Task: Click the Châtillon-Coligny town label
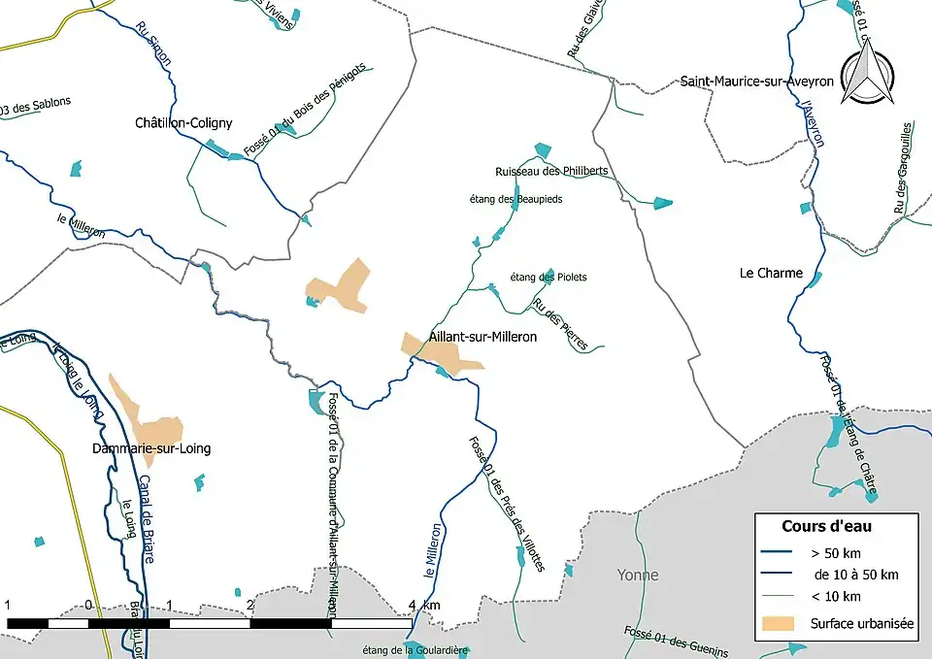point(183,123)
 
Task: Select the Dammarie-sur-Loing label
point(150,449)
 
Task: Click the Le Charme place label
point(771,273)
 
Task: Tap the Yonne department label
point(638,575)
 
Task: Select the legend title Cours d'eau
point(826,526)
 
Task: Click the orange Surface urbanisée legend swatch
point(778,622)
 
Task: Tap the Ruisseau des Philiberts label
point(551,171)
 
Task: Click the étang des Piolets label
point(549,278)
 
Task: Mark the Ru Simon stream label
point(154,45)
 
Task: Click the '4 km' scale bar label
point(424,606)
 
